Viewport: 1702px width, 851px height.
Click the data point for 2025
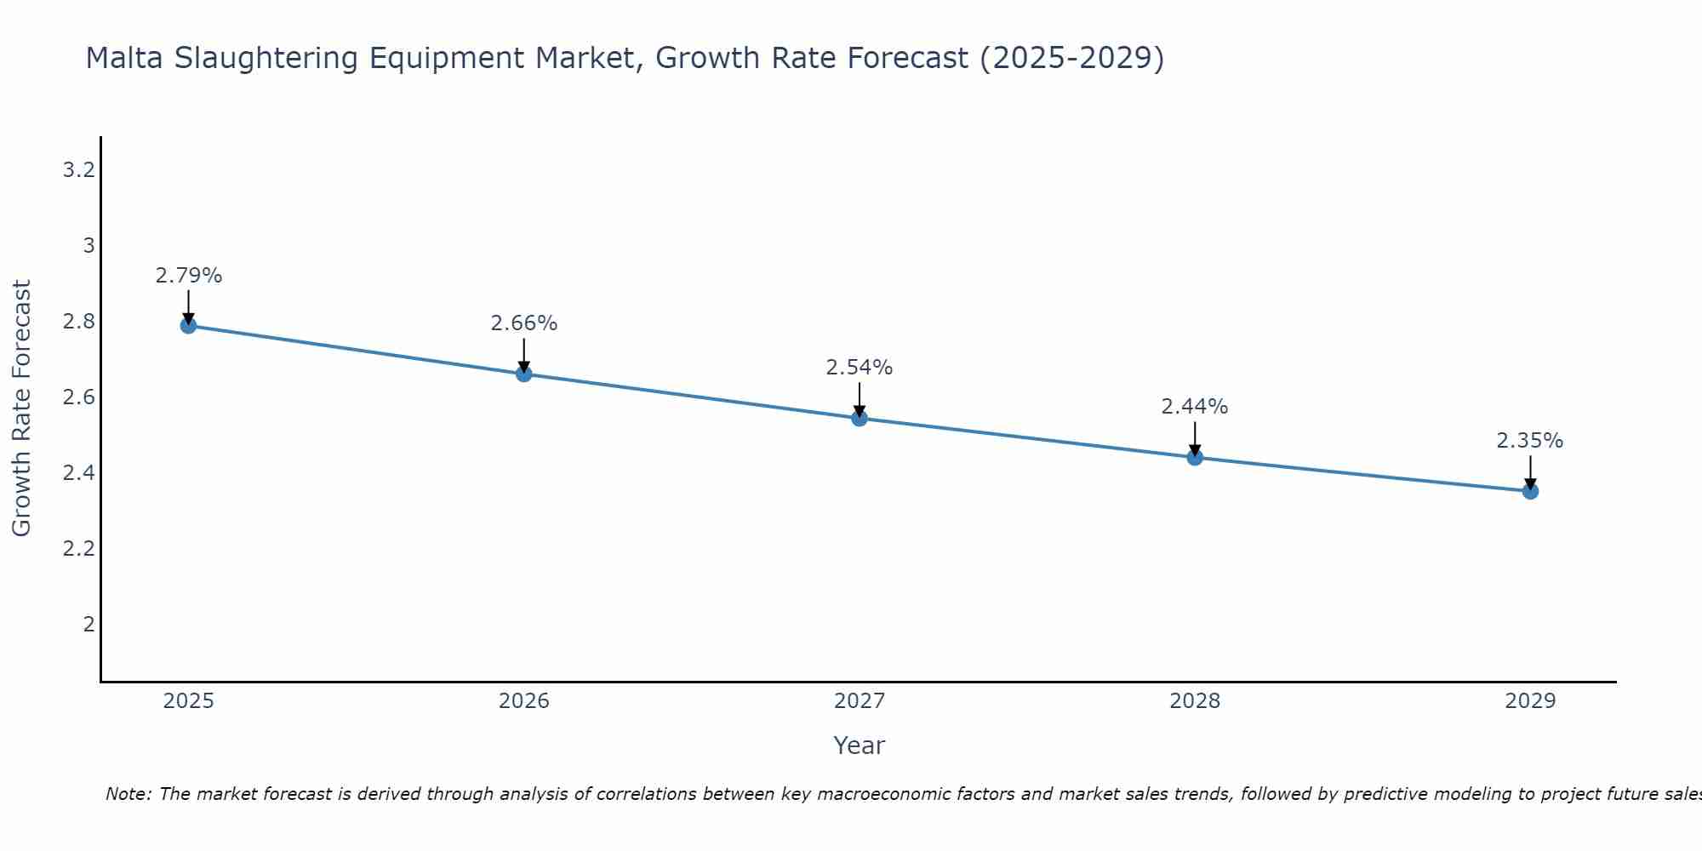[188, 325]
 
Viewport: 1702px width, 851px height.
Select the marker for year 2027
[860, 418]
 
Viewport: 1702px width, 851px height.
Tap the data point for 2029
[1530, 491]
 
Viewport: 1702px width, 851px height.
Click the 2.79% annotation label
[189, 276]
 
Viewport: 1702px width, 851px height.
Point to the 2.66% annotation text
[524, 323]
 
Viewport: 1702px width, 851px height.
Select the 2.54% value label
[860, 368]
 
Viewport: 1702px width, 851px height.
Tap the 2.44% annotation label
[1195, 407]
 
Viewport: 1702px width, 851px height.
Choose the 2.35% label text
[1530, 441]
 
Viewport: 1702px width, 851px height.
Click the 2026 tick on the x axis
[524, 701]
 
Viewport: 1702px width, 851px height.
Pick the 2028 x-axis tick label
[1195, 701]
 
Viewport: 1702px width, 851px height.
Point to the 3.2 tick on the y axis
[78, 170]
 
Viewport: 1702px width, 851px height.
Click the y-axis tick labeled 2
[89, 625]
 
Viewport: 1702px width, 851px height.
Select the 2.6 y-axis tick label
[78, 397]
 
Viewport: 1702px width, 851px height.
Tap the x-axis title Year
[860, 745]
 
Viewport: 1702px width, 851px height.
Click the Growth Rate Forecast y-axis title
[22, 408]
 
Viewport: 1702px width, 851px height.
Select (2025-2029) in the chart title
[1071, 59]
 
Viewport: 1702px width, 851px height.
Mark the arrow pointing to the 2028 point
[1195, 437]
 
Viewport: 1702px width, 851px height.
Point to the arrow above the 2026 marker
[524, 354]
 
